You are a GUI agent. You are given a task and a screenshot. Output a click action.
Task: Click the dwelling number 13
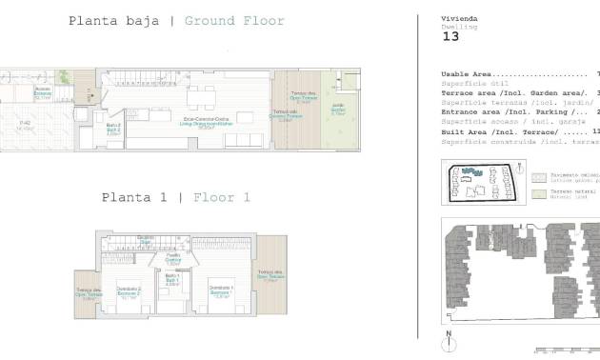pos(451,37)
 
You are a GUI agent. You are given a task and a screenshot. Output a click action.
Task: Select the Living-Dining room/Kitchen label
pos(203,120)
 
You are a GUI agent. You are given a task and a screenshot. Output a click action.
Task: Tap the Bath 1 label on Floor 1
pos(172,281)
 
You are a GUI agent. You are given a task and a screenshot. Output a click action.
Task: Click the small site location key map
pos(481,183)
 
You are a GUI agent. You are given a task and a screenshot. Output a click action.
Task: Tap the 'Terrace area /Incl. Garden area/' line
pos(514,93)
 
